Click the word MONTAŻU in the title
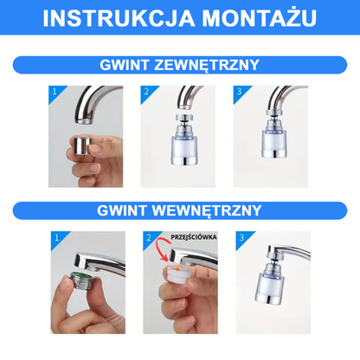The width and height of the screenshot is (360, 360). tap(259, 17)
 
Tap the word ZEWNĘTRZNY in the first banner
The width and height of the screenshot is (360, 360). tap(207, 65)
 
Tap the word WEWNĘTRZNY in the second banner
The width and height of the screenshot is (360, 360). tap(207, 210)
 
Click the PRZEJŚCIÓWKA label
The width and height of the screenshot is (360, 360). tap(194, 237)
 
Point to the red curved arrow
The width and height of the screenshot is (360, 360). tap(160, 250)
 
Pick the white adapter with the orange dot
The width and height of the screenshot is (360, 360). tap(177, 275)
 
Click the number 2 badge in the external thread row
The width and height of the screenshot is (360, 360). tap(147, 92)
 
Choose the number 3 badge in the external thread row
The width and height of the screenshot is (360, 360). tap(240, 92)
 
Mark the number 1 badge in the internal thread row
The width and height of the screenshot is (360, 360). tap(57, 238)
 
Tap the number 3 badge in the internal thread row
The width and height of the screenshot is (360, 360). tap(242, 238)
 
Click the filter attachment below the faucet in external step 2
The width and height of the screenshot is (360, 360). tap(183, 140)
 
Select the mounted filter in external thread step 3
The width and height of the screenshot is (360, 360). tap(273, 134)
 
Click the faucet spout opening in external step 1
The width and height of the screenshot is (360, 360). tap(84, 121)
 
